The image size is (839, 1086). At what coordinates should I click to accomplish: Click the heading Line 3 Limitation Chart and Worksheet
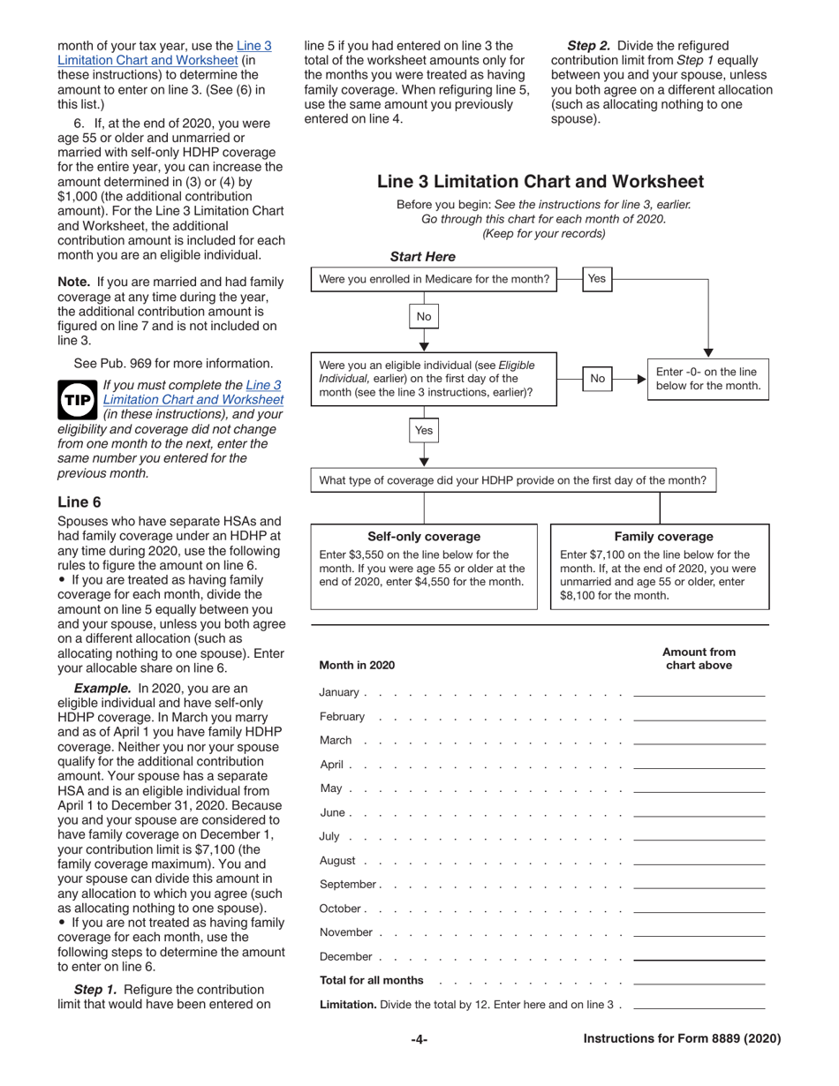540,182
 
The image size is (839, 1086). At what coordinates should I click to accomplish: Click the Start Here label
423,257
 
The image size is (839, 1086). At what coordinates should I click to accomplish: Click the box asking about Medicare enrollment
434,279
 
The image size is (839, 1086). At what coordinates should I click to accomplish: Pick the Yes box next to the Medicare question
596,279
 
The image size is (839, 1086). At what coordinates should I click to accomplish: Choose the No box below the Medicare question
424,316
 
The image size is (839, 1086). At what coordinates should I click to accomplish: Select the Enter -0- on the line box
707,379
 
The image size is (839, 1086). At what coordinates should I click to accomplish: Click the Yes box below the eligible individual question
424,431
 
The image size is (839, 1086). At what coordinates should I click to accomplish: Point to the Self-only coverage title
424,537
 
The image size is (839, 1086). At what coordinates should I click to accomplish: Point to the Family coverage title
663,537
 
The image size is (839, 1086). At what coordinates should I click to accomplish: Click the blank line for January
699,693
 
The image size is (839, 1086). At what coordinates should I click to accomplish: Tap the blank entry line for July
699,837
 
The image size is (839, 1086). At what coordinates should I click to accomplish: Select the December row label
347,957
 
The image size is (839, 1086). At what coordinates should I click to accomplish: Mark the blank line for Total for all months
699,981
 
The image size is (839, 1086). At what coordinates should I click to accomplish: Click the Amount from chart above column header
699,659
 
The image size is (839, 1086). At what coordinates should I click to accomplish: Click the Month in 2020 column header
357,665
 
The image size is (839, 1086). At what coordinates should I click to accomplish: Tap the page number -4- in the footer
419,1039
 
